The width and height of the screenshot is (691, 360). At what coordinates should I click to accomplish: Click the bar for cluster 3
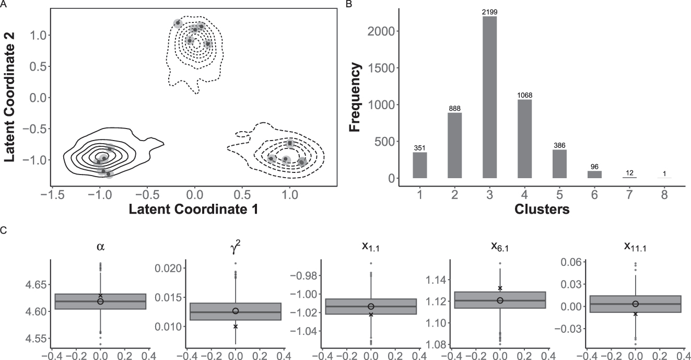click(x=489, y=97)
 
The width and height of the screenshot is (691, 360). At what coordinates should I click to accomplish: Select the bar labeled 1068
click(x=524, y=139)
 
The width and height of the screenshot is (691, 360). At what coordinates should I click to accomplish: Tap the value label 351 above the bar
click(x=419, y=148)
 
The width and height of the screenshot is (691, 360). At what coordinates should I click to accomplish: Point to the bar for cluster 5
click(x=559, y=164)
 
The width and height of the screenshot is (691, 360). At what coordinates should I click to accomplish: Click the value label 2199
click(x=489, y=11)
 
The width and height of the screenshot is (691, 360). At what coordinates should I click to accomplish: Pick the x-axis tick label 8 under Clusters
click(x=664, y=195)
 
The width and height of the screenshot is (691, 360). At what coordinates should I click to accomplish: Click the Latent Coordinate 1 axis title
click(x=195, y=209)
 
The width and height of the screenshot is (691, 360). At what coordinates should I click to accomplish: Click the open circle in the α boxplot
click(x=100, y=301)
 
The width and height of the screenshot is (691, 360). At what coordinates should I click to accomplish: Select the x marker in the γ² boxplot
click(x=236, y=326)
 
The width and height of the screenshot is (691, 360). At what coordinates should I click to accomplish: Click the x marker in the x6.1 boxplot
click(x=500, y=288)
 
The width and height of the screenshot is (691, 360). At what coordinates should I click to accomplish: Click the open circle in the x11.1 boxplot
click(x=636, y=304)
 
